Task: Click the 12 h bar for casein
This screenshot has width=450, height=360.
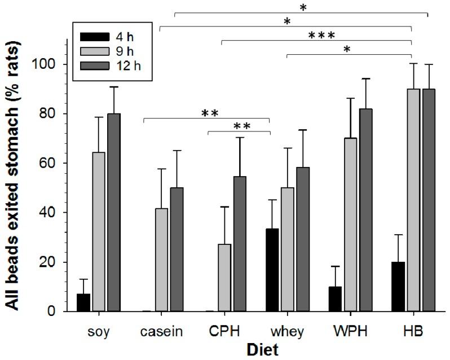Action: [177, 249]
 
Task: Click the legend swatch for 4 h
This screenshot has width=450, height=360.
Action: [94, 37]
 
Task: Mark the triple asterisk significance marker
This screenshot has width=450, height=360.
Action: [321, 36]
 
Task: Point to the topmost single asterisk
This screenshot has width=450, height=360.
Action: [303, 7]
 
